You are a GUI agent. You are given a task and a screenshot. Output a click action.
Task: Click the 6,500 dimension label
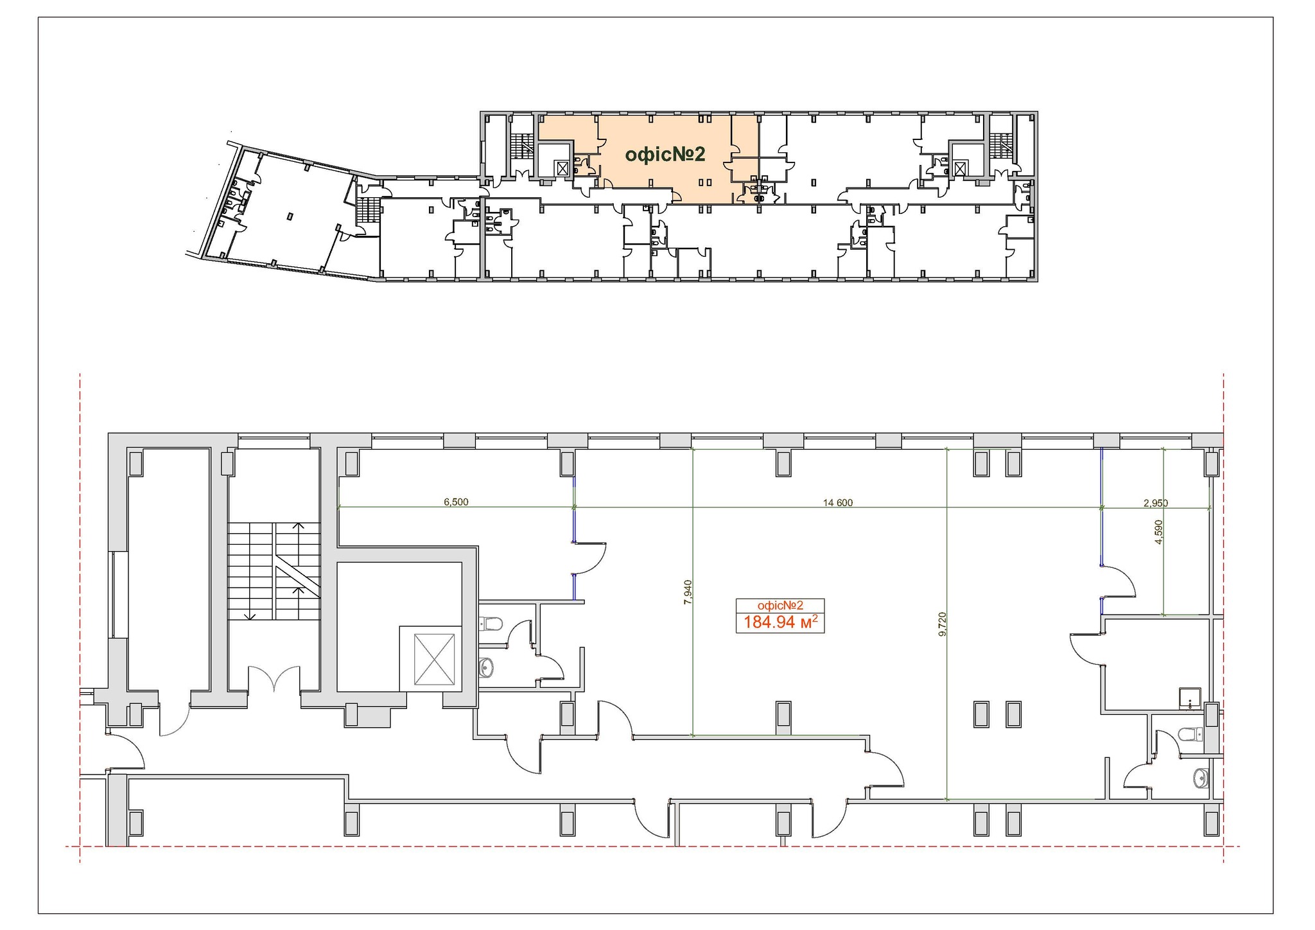point(456,502)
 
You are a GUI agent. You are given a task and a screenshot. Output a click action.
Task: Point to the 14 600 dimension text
point(838,503)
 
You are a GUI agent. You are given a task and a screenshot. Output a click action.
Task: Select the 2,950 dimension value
point(1155,503)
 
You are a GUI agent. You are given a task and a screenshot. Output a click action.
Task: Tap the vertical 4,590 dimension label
point(1158,532)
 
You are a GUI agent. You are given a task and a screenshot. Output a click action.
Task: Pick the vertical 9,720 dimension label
point(942,624)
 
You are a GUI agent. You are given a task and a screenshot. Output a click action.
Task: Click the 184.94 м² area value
point(780,622)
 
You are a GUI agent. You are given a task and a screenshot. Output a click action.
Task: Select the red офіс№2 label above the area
point(780,605)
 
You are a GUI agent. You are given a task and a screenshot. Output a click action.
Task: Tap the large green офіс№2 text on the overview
point(665,154)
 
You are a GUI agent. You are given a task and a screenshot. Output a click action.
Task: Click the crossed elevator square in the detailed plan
point(434,659)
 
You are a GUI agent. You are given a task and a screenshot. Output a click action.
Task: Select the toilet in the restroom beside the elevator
point(491,623)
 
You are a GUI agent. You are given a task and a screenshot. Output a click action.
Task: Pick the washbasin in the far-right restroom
point(1201,778)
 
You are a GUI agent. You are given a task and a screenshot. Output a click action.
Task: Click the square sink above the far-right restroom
point(1190,698)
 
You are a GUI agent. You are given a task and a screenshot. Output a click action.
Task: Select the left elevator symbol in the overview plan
point(562,168)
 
